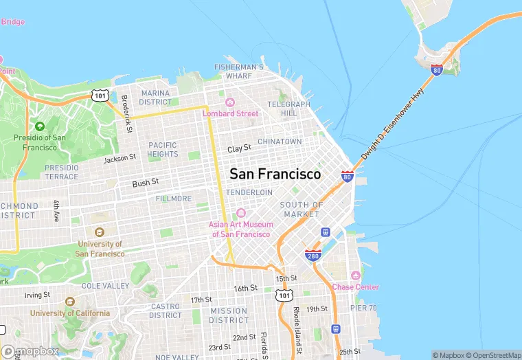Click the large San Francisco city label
(x=275, y=175)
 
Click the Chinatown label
(x=280, y=142)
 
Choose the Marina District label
(x=155, y=98)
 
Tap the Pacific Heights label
(x=163, y=150)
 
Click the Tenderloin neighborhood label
(x=249, y=192)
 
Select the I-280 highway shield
(x=313, y=255)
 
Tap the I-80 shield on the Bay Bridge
(x=437, y=69)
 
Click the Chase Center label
(x=355, y=287)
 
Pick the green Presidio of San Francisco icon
(x=39, y=126)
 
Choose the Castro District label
(x=166, y=311)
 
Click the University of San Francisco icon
(x=100, y=232)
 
